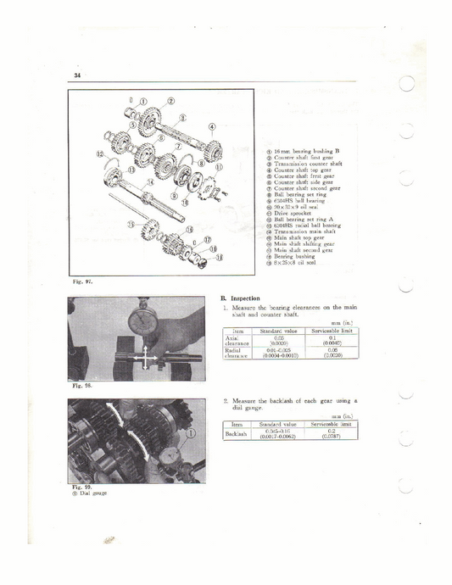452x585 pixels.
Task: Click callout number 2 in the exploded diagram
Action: (x=171, y=100)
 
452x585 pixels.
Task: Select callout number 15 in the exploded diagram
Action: (x=131, y=224)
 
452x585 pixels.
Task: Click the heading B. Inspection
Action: (x=240, y=298)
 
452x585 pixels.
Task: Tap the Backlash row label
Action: (x=236, y=433)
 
